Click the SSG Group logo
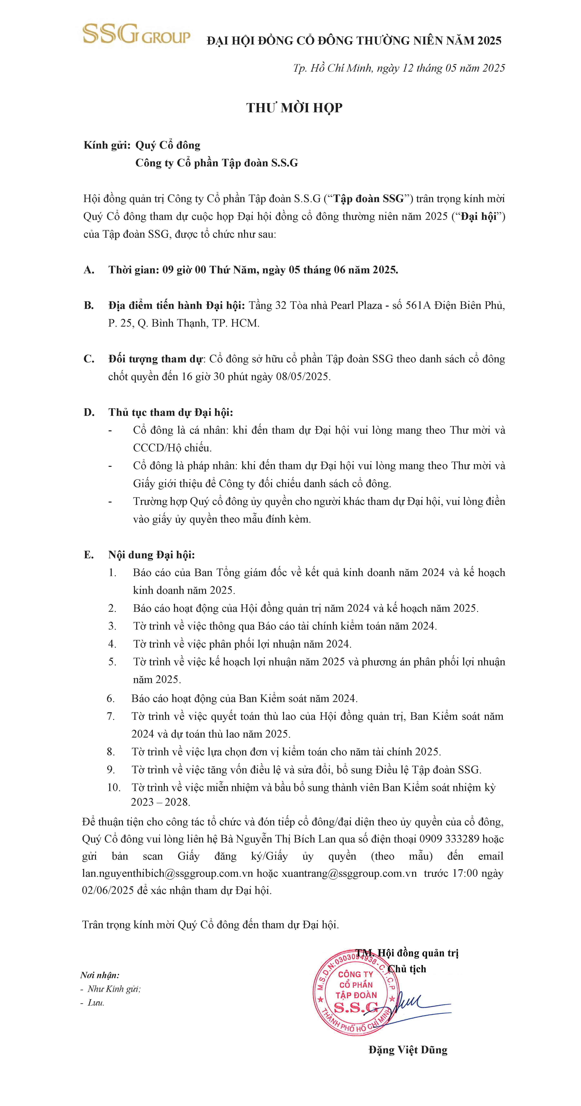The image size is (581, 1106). pos(136,34)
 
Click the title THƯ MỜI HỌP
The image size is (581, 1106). pos(294,108)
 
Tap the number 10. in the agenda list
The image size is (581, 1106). pos(114,787)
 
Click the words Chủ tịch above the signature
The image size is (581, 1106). pos(407,969)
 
